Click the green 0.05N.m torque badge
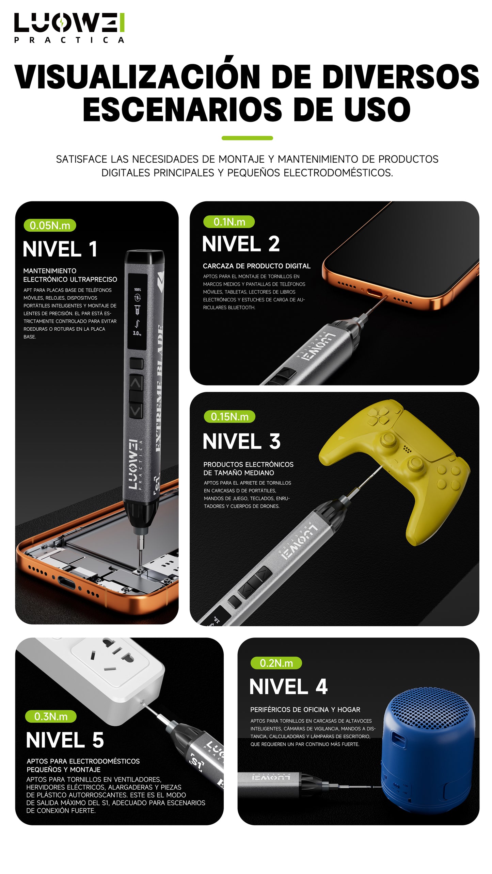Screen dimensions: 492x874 click(x=50, y=225)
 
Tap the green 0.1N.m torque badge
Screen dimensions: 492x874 click(x=229, y=222)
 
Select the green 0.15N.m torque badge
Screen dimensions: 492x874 click(x=229, y=416)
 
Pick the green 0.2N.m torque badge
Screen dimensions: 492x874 click(x=276, y=663)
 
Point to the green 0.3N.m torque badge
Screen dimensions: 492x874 click(x=51, y=716)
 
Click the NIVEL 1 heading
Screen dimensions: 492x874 click(x=60, y=249)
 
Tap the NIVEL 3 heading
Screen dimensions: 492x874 click(x=241, y=441)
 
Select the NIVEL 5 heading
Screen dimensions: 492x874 click(x=65, y=740)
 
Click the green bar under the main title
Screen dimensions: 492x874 click(x=247, y=138)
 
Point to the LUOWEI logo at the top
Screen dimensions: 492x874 click(x=69, y=28)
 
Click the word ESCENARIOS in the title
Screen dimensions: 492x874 click(x=182, y=110)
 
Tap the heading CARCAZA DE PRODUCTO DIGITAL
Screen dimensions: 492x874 click(x=257, y=266)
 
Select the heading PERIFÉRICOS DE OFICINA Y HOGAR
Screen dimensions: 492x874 click(x=305, y=707)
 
